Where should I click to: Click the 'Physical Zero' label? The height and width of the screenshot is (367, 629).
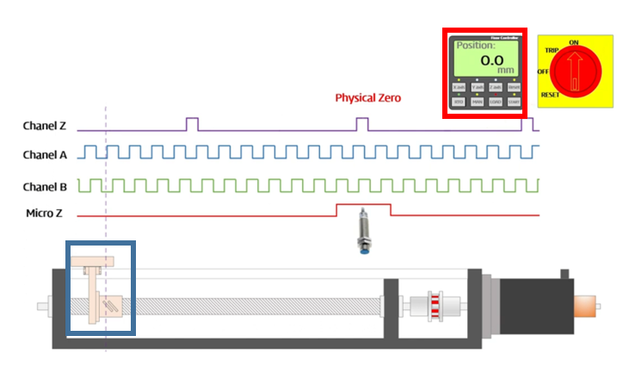[x=367, y=98]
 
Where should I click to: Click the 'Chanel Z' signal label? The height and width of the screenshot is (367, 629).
[x=44, y=127]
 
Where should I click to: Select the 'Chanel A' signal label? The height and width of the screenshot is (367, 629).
[x=44, y=155]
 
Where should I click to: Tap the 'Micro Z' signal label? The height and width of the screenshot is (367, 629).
[x=45, y=214]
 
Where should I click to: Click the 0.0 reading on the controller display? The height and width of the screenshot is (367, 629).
[x=491, y=61]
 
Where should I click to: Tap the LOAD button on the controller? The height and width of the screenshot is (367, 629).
[x=495, y=103]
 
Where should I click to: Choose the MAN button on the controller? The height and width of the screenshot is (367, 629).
[x=477, y=103]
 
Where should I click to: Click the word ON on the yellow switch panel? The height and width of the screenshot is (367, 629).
[x=574, y=41]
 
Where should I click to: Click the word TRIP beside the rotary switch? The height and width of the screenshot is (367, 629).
[x=552, y=52]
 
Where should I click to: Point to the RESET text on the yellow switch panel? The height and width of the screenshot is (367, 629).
[x=551, y=95]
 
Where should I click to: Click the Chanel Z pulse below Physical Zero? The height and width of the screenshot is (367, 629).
[x=362, y=123]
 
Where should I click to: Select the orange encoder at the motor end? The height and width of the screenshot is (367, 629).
[x=585, y=306]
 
